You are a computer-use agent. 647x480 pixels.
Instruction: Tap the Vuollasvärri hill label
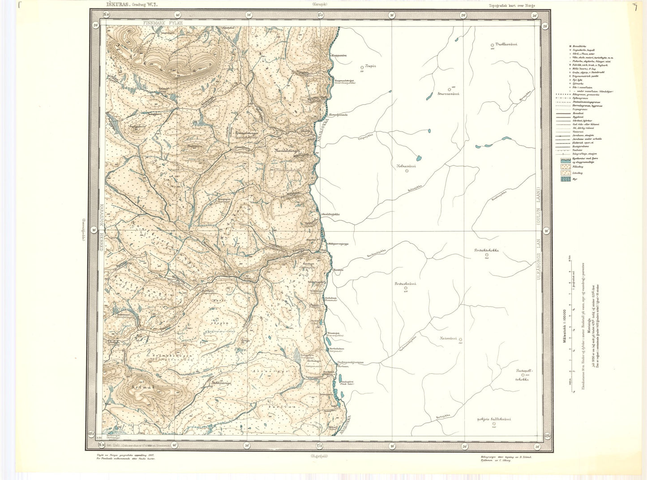pos(504,44)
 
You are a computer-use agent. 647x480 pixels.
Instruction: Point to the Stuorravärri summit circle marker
pos(449,89)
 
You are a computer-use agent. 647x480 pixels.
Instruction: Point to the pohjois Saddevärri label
pos(494,419)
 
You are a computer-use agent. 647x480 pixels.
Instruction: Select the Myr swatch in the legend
pos(565,179)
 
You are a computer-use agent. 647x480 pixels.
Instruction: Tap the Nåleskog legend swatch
pos(565,165)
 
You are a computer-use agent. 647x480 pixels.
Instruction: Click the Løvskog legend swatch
pos(565,172)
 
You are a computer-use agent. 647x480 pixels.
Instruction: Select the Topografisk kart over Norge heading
pos(513,4)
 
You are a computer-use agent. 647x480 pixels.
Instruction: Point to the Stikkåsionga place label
pos(221,383)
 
